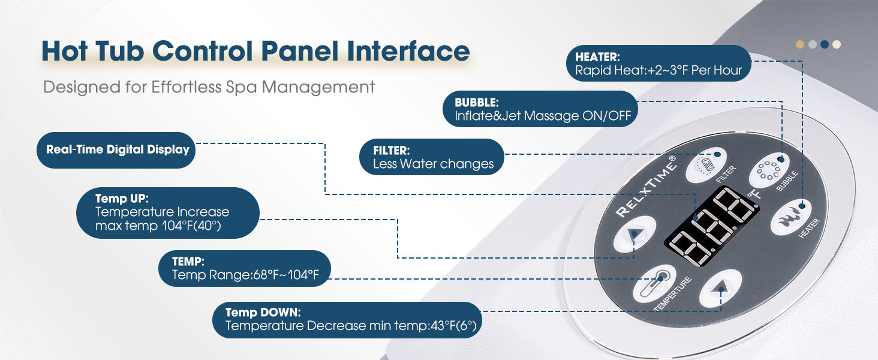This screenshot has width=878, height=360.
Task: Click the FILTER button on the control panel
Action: pos(702,165)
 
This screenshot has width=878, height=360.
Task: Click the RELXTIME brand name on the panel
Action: pos(646,186)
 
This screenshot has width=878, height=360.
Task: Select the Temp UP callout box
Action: pos(168,212)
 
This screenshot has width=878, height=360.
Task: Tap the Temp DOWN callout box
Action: pos(348,320)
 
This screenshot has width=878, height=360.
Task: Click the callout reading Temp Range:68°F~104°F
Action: pos(245,269)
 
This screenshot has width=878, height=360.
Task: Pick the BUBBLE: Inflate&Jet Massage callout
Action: pos(540,109)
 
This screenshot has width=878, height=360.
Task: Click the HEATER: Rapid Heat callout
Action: pos(659,64)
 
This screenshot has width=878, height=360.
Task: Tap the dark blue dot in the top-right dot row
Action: pos(824,44)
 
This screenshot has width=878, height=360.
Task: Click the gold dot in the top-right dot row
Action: pos(799,44)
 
